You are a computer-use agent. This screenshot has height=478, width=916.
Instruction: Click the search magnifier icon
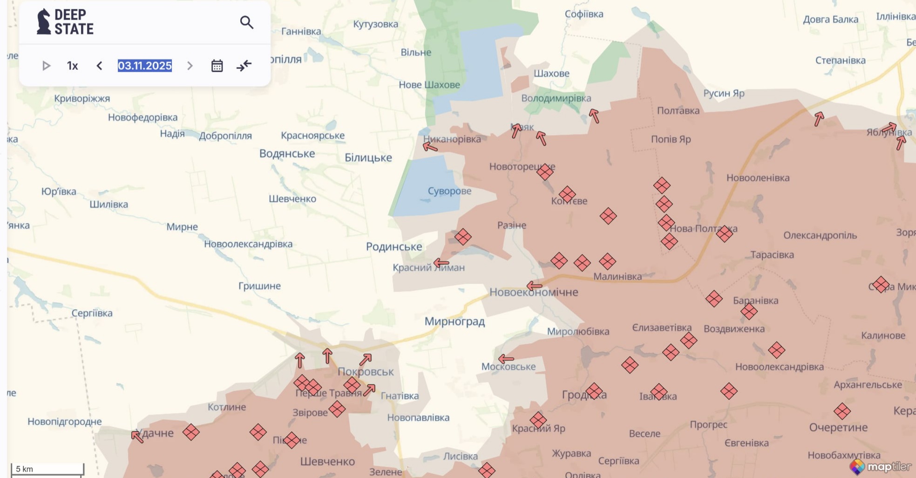[246, 22]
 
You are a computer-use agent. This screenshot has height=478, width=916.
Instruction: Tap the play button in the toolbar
[46, 66]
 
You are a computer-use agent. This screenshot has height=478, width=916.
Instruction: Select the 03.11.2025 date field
[145, 66]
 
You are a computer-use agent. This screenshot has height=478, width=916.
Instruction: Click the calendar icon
[217, 66]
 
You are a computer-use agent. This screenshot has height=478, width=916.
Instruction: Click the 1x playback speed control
[72, 66]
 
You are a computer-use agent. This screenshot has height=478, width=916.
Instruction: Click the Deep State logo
[65, 22]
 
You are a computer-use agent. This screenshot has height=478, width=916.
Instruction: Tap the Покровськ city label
[366, 372]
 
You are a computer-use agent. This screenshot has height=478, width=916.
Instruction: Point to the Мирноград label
[455, 321]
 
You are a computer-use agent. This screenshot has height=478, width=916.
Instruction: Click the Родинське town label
[394, 246]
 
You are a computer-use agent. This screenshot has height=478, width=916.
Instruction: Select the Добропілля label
[225, 136]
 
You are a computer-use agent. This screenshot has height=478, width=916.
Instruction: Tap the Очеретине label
[838, 427]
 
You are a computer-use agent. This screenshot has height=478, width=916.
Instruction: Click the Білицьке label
[368, 158]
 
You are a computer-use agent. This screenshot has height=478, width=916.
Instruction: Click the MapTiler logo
[880, 466]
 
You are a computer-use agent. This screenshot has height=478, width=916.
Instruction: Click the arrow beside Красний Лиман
[441, 263]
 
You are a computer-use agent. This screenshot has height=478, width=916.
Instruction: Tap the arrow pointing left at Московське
[506, 359]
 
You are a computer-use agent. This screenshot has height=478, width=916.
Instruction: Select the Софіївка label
[584, 14]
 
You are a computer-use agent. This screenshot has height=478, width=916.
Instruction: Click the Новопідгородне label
[65, 422]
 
